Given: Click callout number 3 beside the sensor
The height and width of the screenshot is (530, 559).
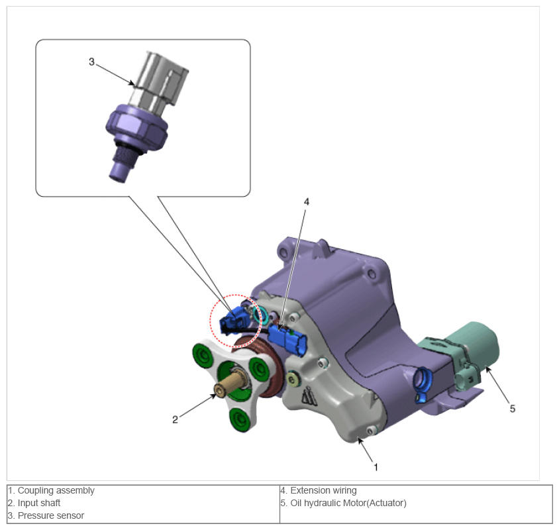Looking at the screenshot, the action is tap(91, 62).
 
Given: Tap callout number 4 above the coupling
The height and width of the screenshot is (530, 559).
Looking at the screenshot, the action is tap(306, 202).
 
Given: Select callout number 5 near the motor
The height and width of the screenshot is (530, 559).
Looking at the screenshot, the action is tap(512, 409).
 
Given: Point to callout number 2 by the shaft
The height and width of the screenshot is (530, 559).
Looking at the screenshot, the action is tap(175, 419).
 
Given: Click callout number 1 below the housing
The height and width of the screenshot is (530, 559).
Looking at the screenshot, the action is tap(376, 467).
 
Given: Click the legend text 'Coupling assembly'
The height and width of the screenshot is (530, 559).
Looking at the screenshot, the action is tap(56, 490).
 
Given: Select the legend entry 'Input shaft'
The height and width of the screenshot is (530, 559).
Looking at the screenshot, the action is tap(39, 503).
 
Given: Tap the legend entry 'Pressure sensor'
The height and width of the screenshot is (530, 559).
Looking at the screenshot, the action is tap(51, 515).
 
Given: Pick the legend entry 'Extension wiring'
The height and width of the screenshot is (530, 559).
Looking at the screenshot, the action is tap(323, 490).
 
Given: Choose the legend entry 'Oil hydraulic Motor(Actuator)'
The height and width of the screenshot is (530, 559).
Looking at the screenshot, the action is tap(348, 503).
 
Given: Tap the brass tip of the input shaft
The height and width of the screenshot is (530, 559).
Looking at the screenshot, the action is tap(221, 389).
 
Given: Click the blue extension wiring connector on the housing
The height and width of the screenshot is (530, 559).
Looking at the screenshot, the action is tap(287, 339).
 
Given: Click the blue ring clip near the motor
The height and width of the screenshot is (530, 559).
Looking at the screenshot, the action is tap(423, 384).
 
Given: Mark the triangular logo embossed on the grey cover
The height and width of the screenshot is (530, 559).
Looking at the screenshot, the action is tap(309, 396).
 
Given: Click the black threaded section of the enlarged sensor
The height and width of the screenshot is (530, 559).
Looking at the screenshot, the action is tap(125, 154).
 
